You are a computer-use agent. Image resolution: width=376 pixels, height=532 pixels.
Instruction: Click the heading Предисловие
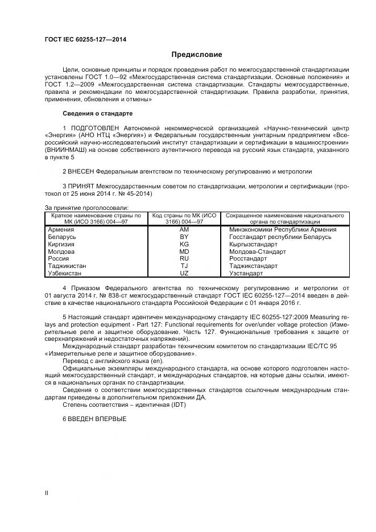[197, 55]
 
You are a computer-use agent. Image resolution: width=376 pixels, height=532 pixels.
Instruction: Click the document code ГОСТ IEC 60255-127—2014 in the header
[85, 39]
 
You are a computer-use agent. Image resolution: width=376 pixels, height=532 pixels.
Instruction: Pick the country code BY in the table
[184, 237]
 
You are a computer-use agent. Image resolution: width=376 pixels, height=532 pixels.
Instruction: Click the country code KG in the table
[184, 244]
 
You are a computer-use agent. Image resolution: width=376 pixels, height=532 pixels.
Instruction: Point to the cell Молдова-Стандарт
[257, 251]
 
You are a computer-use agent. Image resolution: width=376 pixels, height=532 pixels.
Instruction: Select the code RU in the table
[184, 258]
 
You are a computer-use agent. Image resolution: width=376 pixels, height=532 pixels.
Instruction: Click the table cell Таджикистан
[67, 266]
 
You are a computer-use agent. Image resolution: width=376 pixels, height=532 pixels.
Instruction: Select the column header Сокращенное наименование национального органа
[285, 218]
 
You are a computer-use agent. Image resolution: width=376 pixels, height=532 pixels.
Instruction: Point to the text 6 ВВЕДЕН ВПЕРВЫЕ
[94, 418]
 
